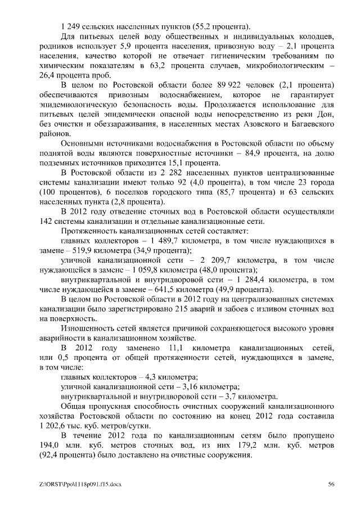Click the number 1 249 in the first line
tap(70, 26)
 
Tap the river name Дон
tap(327, 115)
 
